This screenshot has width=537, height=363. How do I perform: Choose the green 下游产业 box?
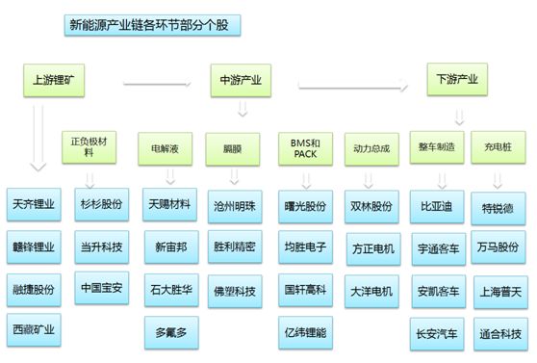458,79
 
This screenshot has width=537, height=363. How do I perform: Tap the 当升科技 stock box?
102,247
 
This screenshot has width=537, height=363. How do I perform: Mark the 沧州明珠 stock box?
235,206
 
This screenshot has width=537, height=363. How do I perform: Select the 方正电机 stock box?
371,247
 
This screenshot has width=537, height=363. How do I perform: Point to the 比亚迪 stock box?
438,206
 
